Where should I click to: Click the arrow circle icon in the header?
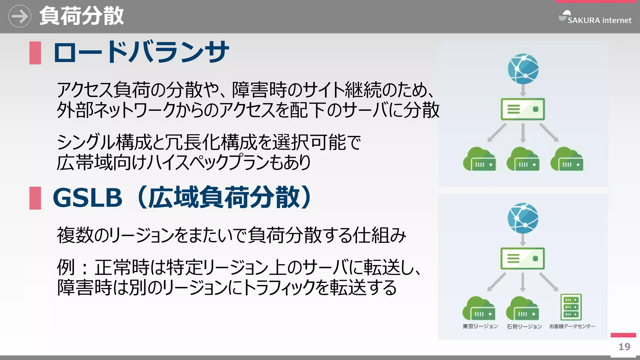point(20,16)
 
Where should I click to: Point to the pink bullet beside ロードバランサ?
point(35,53)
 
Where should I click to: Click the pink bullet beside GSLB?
point(35,198)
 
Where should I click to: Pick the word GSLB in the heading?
point(87,198)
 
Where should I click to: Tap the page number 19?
point(624,347)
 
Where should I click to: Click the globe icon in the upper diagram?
point(523,69)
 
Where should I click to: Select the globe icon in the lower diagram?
point(523,218)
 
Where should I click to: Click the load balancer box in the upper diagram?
point(522,109)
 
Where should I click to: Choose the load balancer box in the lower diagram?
point(522,259)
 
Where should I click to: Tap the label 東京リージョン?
point(480,326)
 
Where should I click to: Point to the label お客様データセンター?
point(572,326)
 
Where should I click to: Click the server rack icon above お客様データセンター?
point(571,307)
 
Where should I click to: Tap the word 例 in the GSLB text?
point(66,267)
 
